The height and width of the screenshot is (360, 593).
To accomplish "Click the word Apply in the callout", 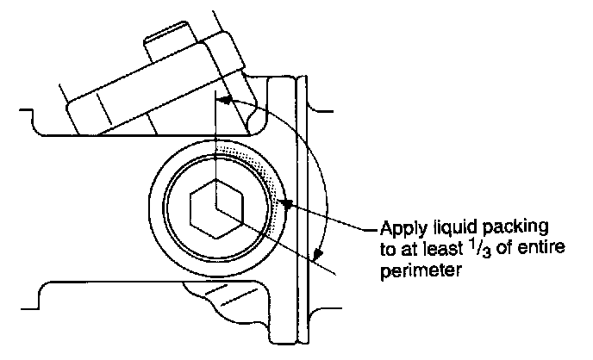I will click(400, 231).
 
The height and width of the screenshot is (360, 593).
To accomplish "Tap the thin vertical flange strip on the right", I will click(303, 207).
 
